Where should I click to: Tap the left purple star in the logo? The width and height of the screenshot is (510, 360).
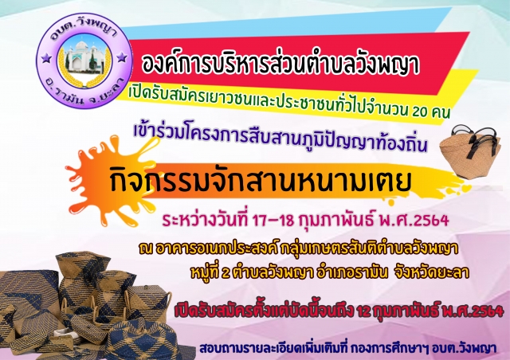pyautogui.click(x=46, y=58)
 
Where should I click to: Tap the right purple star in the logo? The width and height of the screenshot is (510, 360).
pyautogui.click(x=122, y=57)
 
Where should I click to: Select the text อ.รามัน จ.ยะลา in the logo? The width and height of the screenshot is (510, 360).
pyautogui.click(x=84, y=94)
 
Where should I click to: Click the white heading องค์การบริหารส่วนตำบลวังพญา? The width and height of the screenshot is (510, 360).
pyautogui.click(x=280, y=64)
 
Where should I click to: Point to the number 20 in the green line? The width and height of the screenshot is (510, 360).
pyautogui.click(x=421, y=112)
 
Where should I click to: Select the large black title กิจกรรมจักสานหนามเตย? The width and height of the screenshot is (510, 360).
pyautogui.click(x=261, y=181)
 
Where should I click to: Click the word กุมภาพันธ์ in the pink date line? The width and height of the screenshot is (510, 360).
pyautogui.click(x=335, y=220)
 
